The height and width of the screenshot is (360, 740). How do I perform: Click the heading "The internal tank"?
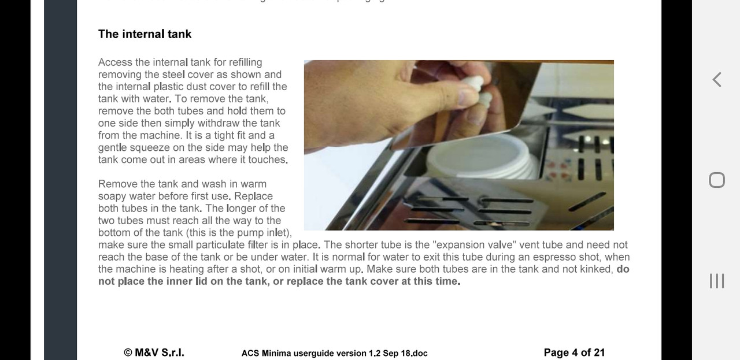pyautogui.click(x=145, y=34)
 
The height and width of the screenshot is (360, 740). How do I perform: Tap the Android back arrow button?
pyautogui.click(x=716, y=80)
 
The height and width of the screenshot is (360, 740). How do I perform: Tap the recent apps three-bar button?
pyautogui.click(x=717, y=281)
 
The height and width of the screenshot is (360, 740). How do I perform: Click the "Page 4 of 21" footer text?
pyautogui.click(x=574, y=352)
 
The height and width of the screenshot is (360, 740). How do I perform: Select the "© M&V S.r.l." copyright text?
pyautogui.click(x=154, y=352)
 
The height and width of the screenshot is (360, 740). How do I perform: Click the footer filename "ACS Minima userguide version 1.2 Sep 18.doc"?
pyautogui.click(x=334, y=353)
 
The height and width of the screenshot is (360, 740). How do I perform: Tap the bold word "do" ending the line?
pyautogui.click(x=623, y=269)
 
